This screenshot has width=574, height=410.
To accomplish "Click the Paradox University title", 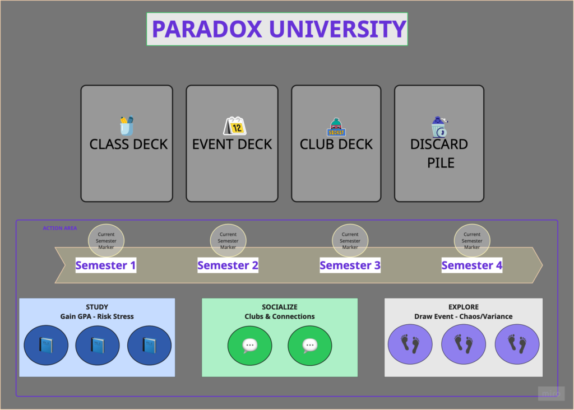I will pyautogui.click(x=277, y=29).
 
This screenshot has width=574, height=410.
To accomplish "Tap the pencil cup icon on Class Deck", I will pyautogui.click(x=127, y=125).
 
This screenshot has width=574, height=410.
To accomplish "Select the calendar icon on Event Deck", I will pyautogui.click(x=234, y=125).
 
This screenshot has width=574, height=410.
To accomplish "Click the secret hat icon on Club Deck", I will pyautogui.click(x=336, y=127).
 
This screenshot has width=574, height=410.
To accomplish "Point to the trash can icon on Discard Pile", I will pyautogui.click(x=439, y=127).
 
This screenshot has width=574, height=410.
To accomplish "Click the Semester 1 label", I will pyautogui.click(x=106, y=265).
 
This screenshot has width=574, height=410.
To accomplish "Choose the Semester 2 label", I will pyautogui.click(x=228, y=265).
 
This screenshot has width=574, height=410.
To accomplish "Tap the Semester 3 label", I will pyautogui.click(x=350, y=265).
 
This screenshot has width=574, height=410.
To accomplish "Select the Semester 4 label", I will pyautogui.click(x=472, y=265).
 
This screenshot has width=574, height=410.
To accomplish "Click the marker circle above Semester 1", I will pyautogui.click(x=106, y=240).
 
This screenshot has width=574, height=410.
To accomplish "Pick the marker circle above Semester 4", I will pyautogui.click(x=472, y=240).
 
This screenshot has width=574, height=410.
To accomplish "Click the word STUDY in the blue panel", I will pyautogui.click(x=97, y=307).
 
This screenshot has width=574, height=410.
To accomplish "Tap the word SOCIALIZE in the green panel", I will pyautogui.click(x=280, y=307).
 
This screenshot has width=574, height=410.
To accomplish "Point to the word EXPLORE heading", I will pyautogui.click(x=464, y=307).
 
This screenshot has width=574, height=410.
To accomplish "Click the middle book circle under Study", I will pyautogui.click(x=98, y=345).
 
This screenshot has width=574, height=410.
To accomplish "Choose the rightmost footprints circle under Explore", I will pyautogui.click(x=517, y=344).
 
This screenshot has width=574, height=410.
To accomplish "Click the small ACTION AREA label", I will pyautogui.click(x=60, y=228).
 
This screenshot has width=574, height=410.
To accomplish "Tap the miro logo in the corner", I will pyautogui.click(x=551, y=394).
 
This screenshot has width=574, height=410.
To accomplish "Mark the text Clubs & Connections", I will pyautogui.click(x=280, y=316).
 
